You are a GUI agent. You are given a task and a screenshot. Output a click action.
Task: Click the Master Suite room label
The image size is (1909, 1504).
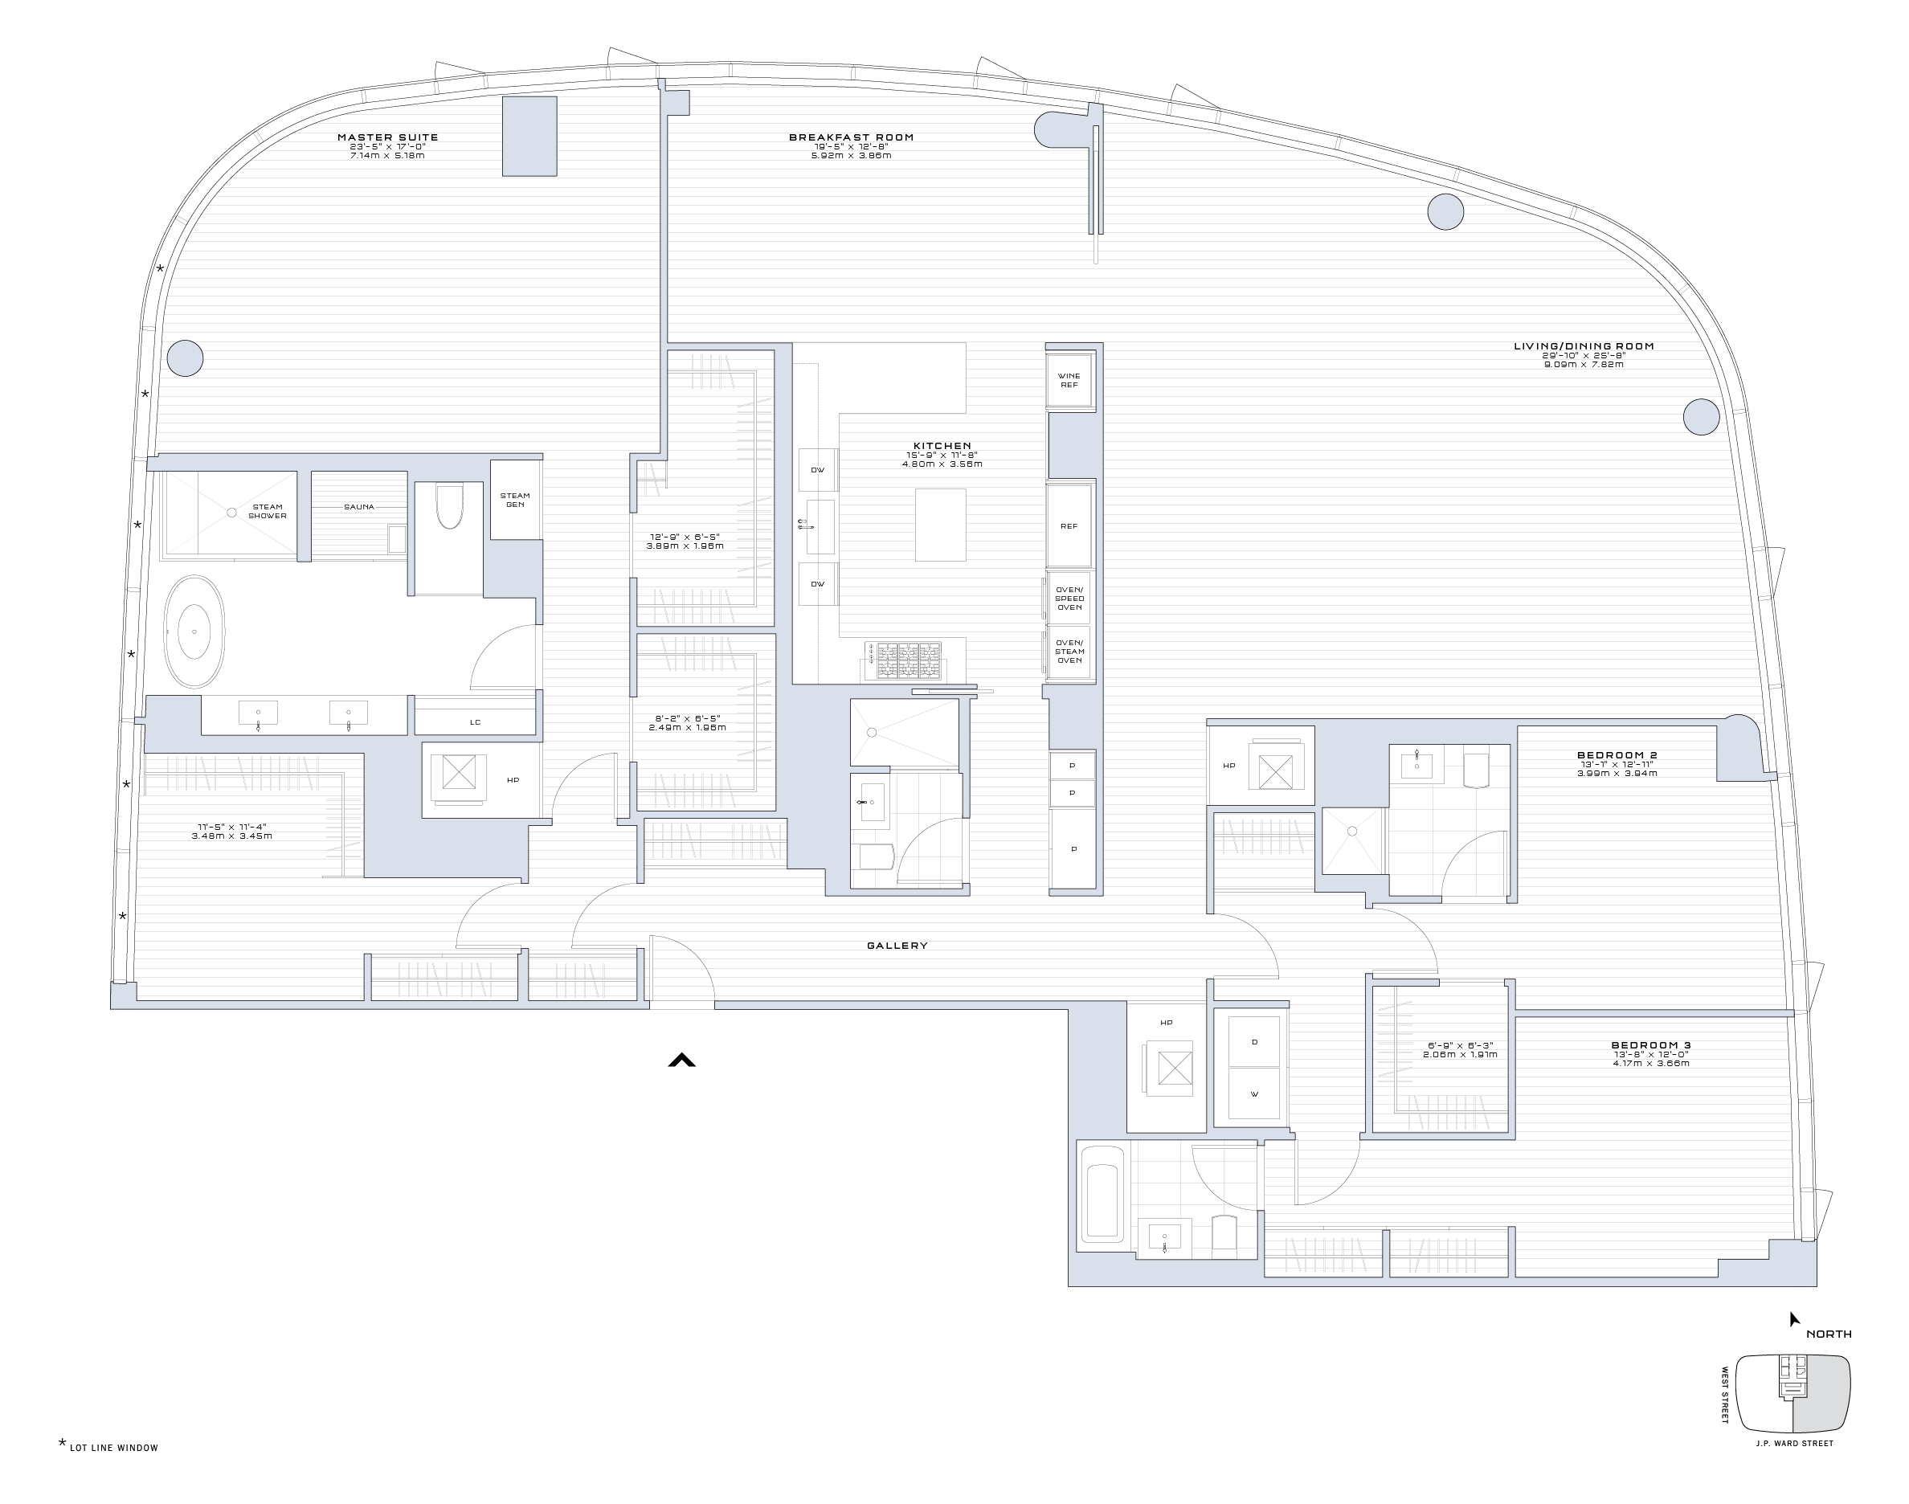(387, 137)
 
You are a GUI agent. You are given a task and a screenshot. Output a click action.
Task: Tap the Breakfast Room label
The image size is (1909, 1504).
(851, 137)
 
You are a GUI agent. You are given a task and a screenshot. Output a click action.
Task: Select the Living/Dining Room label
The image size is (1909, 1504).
(1584, 346)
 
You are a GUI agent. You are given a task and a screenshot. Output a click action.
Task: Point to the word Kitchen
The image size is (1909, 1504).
(942, 447)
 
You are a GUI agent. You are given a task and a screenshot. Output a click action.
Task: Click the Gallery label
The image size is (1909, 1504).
(897, 946)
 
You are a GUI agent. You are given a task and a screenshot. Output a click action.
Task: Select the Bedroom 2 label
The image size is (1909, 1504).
(1617, 755)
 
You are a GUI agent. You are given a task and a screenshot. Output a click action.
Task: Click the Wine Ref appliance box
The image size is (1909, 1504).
(1069, 380)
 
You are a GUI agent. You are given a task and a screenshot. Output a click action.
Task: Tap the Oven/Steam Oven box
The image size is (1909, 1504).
(1069, 652)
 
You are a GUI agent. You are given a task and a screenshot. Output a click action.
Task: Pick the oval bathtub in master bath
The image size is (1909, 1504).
(194, 631)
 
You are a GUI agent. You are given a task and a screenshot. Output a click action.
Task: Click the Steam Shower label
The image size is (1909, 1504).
(268, 511)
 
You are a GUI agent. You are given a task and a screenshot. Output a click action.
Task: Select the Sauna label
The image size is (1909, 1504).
(359, 507)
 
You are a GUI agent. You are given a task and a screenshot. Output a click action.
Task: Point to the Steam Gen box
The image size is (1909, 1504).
(515, 501)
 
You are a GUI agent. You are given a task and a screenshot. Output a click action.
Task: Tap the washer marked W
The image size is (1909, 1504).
(1254, 1094)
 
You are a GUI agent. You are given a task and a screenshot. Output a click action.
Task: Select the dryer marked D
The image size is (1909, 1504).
(1254, 1043)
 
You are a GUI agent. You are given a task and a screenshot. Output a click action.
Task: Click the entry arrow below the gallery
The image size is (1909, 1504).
(681, 1061)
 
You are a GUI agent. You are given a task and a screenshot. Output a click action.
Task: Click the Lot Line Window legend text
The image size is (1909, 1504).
(113, 1448)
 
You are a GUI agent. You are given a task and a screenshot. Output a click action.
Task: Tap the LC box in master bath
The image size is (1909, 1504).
(476, 722)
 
